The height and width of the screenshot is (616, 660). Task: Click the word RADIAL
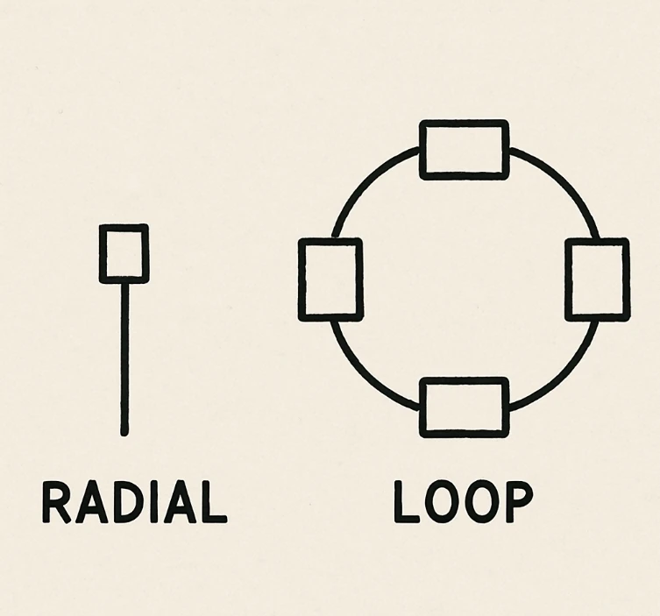coord(135,502)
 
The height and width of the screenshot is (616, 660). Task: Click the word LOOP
coord(464,502)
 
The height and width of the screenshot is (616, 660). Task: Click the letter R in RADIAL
coord(56,502)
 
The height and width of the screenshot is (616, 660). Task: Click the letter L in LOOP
coord(406,502)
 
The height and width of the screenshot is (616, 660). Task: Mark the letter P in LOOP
coord(520,502)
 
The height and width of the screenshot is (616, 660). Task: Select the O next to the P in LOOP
coord(482,502)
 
